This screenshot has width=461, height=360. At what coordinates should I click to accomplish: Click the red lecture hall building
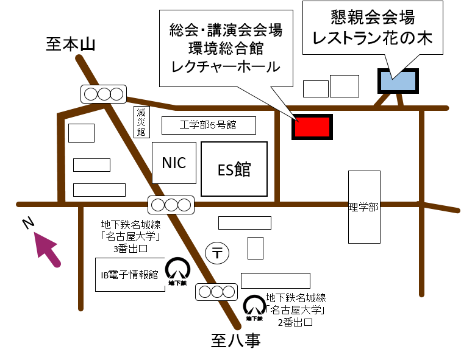click(312, 127)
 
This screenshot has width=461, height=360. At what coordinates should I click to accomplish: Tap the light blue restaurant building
click(398, 81)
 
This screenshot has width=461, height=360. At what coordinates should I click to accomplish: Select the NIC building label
click(174, 163)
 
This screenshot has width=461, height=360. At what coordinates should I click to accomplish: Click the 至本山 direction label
click(71, 44)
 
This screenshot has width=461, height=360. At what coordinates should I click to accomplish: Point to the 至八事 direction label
click(236, 340)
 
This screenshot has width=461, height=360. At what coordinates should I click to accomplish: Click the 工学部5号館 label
click(209, 125)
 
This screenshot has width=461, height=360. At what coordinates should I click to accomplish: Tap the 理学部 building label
click(364, 207)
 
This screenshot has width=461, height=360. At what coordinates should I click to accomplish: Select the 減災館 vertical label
click(141, 122)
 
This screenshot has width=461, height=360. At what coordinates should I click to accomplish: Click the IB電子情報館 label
click(130, 275)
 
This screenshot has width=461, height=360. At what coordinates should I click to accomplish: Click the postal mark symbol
click(216, 252)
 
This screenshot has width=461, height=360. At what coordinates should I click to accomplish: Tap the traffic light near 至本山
click(104, 94)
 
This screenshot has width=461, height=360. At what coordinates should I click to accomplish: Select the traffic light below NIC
click(171, 205)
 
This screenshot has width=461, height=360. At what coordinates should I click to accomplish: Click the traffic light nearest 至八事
click(216, 292)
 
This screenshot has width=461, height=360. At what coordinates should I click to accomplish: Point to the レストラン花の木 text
click(372, 38)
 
